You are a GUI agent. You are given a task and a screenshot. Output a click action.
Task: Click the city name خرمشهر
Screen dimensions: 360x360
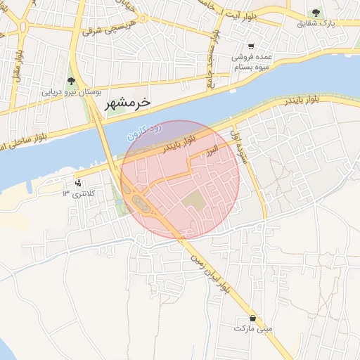(128, 103)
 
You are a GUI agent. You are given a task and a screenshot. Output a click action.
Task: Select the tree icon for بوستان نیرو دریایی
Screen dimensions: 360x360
(70, 82)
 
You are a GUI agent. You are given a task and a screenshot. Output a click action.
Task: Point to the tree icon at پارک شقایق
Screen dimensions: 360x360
(316, 13)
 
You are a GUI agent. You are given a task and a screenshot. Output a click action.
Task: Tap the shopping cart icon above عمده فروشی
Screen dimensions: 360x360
(250, 50)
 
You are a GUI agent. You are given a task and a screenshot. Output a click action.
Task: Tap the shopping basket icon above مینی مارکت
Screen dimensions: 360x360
(252, 318)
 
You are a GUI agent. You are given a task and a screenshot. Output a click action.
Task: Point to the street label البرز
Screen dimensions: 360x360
(212, 150)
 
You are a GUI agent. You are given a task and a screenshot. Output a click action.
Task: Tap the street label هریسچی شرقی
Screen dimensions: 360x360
(103, 28)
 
